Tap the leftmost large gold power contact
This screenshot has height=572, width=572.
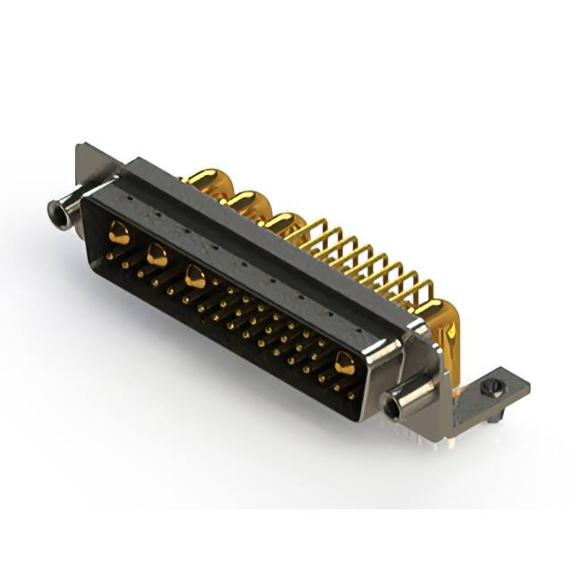pyautogui.click(x=119, y=234)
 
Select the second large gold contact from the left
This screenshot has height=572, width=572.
pyautogui.click(x=156, y=256)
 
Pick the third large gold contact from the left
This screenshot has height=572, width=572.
pyautogui.click(x=195, y=277)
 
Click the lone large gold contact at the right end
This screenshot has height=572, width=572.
pyautogui.click(x=344, y=362)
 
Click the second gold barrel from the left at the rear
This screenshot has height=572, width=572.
pyautogui.click(x=250, y=203)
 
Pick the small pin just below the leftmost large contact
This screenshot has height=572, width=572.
pyautogui.click(x=110, y=256)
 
